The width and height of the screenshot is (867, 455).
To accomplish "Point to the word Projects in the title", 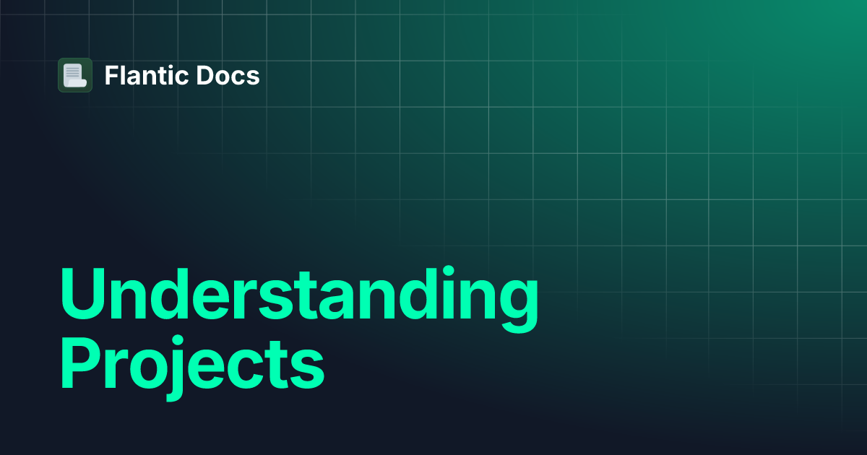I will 191,368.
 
